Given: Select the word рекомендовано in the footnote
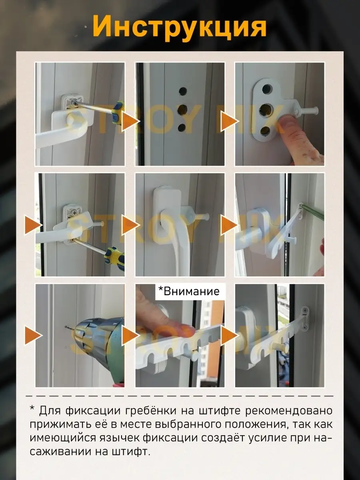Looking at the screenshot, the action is [x=288, y=411].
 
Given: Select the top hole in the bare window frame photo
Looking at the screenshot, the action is [x=183, y=92].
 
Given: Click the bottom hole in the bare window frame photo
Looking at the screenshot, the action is [x=182, y=128].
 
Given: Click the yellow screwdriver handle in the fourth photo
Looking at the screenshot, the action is [x=115, y=258].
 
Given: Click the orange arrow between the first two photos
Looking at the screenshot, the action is [x=130, y=121].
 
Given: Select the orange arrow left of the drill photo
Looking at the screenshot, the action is [x=34, y=335].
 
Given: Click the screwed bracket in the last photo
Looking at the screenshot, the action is [x=305, y=318].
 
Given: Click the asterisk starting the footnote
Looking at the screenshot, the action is [x=32, y=408].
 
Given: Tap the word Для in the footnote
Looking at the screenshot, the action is [x=50, y=411].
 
